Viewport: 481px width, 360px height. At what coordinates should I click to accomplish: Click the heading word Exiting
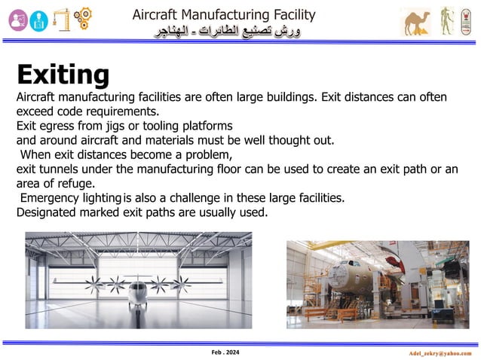(x=63, y=75)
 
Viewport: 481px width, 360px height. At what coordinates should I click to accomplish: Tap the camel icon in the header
(x=416, y=23)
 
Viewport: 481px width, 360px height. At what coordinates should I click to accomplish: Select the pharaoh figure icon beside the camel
(x=446, y=23)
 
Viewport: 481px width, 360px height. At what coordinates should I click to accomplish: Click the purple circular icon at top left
(x=16, y=20)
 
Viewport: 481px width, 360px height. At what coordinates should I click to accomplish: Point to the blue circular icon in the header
(x=38, y=21)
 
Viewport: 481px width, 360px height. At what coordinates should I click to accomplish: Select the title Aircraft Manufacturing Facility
(x=224, y=14)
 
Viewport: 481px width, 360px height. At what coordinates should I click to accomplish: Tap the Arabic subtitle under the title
(x=224, y=32)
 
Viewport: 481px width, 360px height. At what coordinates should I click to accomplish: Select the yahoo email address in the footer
(x=436, y=352)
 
